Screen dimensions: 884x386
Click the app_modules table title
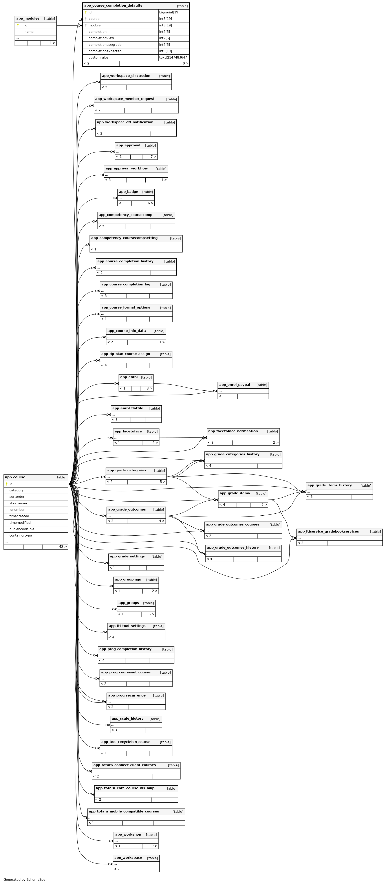[28, 18]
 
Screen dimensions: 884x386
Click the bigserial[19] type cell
[169, 12]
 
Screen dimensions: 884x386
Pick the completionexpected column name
[105, 51]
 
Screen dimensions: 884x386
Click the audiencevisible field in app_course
[22, 529]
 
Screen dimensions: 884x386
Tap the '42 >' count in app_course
[63, 547]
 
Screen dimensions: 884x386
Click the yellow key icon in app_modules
[18, 25]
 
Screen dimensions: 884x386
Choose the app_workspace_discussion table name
[126, 76]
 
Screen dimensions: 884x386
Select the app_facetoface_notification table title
[233, 431]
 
